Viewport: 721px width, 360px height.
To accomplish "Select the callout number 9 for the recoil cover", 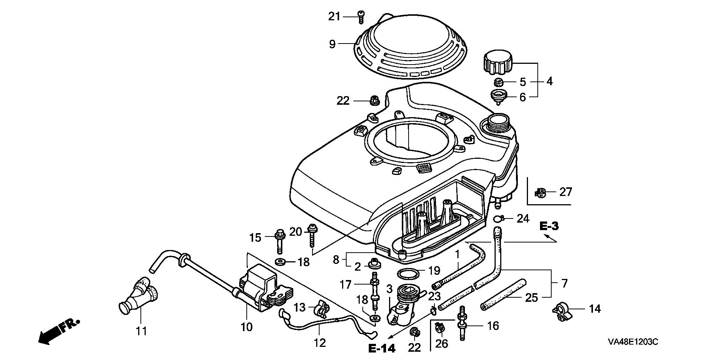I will pos(332,44).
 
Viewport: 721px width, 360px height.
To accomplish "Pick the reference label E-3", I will pos(549,226).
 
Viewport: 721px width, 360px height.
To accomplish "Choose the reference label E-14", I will pos(382,348).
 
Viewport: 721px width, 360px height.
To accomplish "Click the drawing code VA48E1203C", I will pos(633,342).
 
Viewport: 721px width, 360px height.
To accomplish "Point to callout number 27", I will pos(566,192).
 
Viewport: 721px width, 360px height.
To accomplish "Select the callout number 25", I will pos(532,298).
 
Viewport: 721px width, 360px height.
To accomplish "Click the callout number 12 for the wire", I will pos(320,343).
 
